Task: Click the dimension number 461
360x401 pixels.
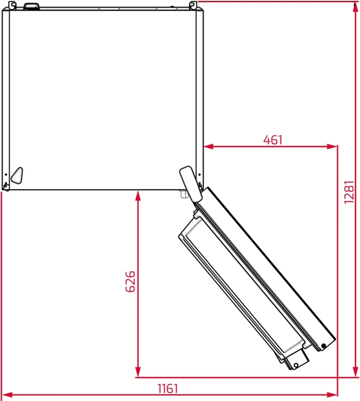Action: tap(273, 140)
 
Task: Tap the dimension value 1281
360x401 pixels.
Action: tap(349, 192)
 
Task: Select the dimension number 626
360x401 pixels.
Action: tap(130, 281)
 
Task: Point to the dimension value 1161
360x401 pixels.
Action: tap(168, 388)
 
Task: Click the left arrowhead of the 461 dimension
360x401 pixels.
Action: tap(209, 146)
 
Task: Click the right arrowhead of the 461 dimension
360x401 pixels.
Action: tap(333, 146)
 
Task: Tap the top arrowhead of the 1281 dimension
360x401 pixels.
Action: tap(355, 8)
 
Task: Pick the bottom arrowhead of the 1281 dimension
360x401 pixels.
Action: tap(355, 371)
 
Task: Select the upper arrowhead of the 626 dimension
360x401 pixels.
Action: tap(138, 196)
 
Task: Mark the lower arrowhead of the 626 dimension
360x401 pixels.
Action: tap(138, 371)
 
